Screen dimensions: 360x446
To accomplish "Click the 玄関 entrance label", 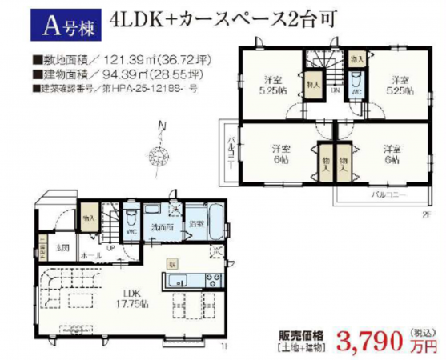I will [62, 246].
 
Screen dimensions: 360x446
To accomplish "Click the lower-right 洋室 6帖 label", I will [392, 153].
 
